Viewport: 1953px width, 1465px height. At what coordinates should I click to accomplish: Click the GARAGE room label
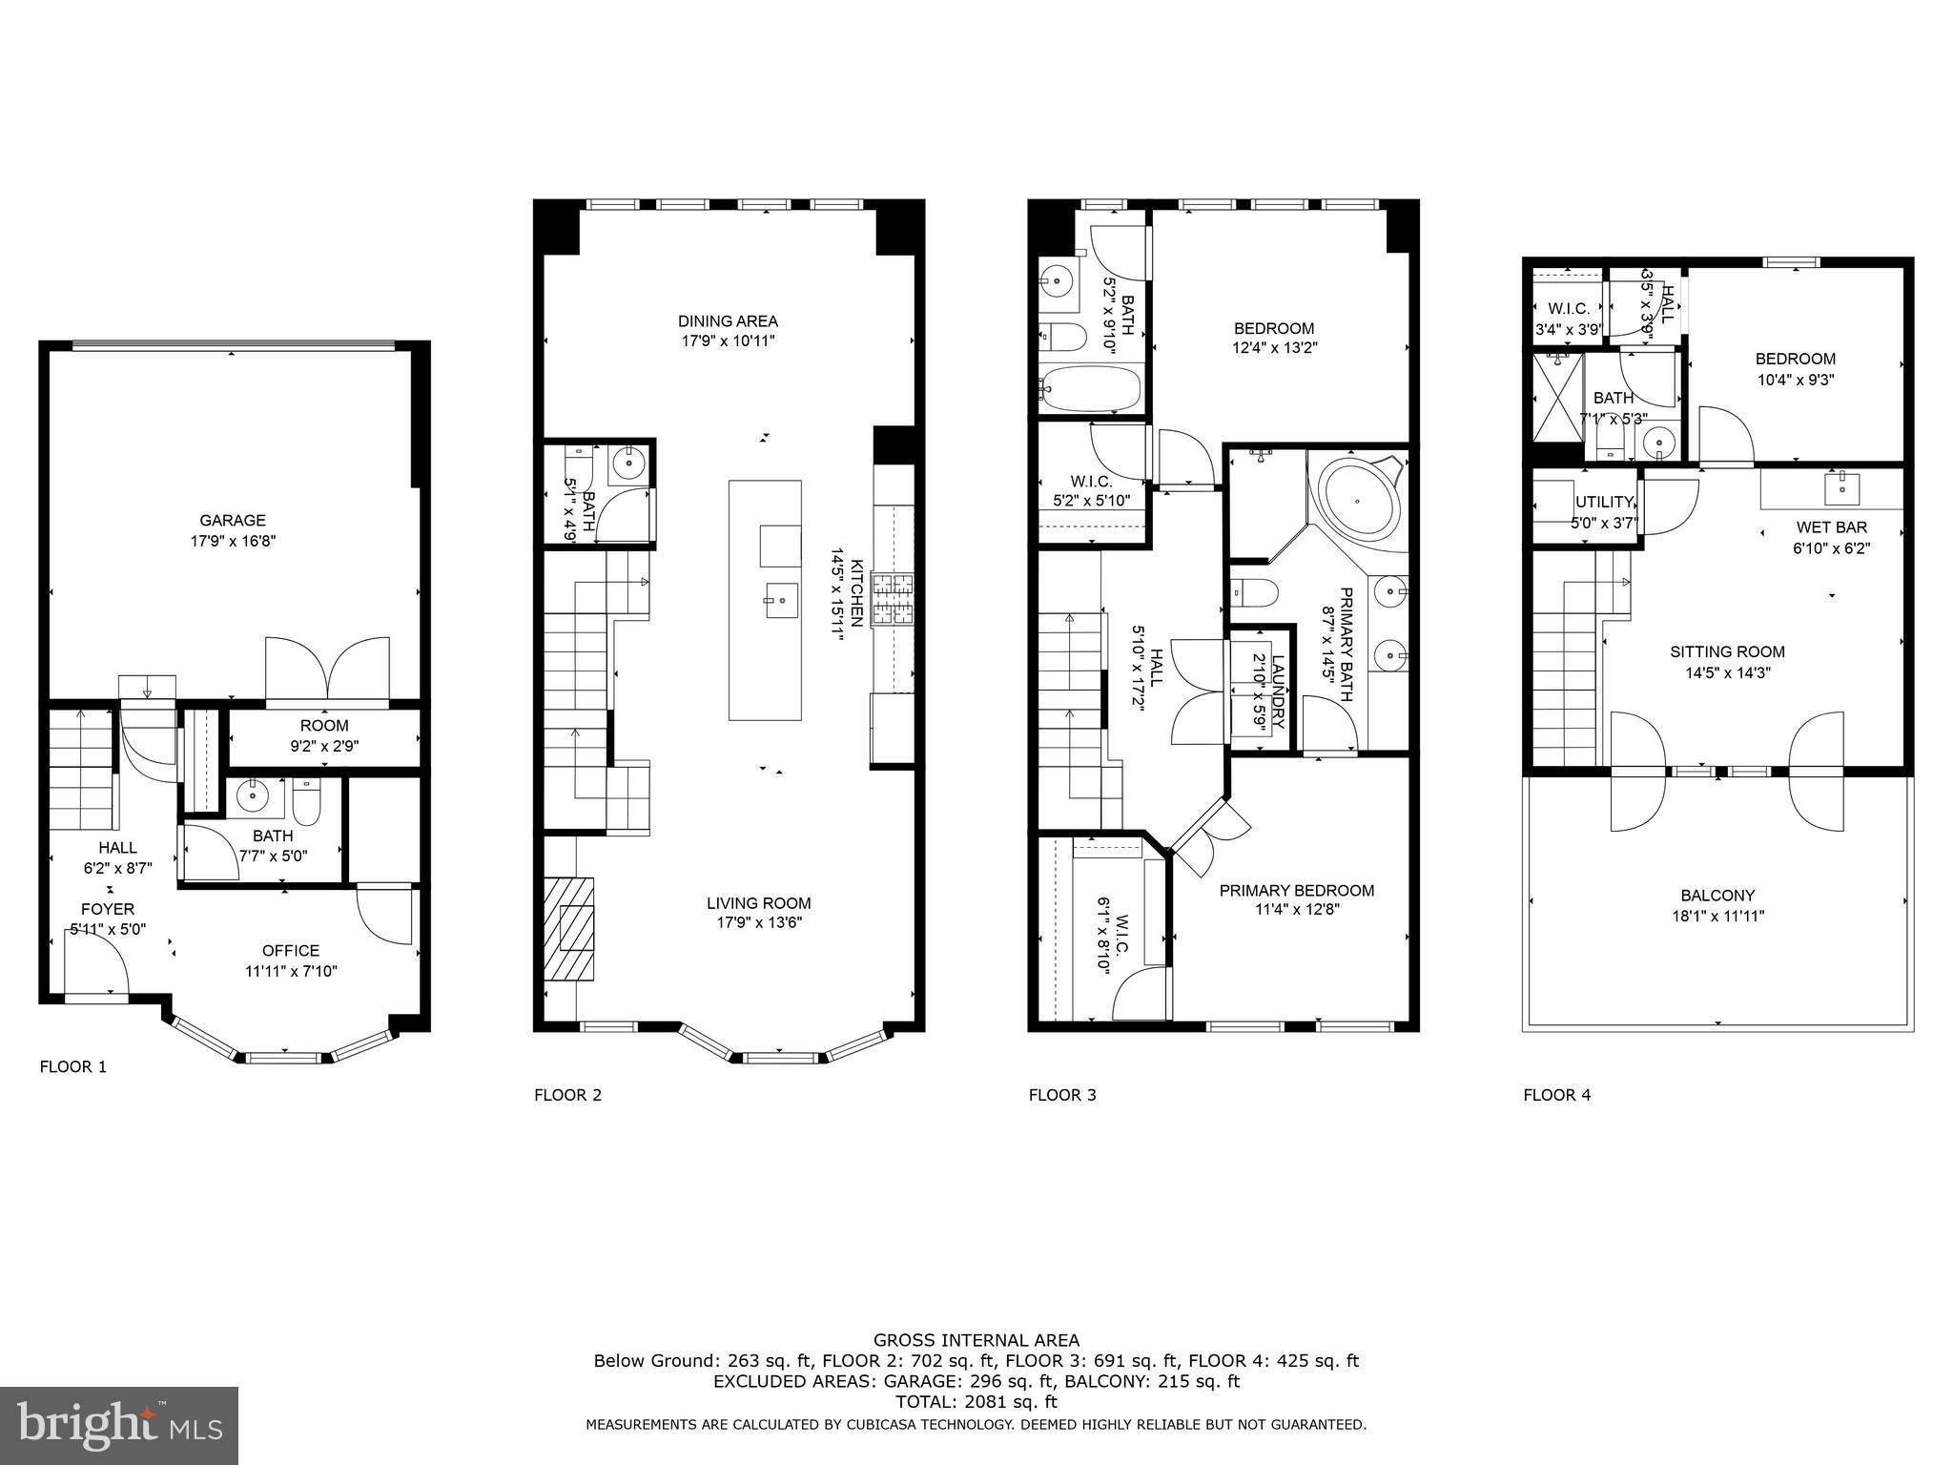coord(233,521)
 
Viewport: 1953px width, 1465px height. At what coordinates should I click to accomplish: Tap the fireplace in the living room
coord(569,927)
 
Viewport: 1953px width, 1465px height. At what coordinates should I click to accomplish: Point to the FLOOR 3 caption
coord(1061,1095)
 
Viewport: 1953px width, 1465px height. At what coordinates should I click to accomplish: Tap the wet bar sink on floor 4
coord(1842,487)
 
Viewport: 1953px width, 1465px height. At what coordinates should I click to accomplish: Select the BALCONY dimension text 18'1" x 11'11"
coord(1717,917)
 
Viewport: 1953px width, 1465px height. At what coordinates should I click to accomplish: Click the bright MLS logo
coord(119,1425)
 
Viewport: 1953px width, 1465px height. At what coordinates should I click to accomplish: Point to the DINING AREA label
coord(728,321)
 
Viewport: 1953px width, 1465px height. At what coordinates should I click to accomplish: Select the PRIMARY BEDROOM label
coord(1297,891)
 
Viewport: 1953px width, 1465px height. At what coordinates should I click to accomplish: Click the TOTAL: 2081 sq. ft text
coord(976,1402)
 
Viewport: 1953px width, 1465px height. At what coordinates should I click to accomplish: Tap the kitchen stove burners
coord(894,599)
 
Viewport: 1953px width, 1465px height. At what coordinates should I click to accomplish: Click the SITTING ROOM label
coord(1727,652)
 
